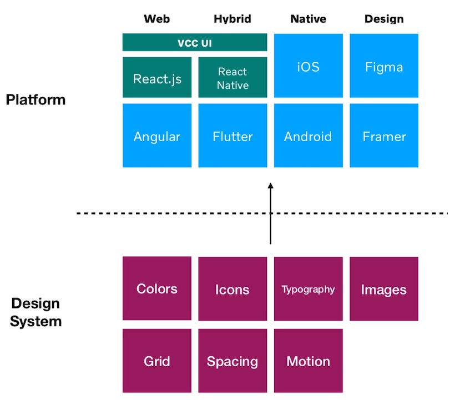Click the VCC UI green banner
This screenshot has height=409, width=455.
194,43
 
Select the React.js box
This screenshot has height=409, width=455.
157,77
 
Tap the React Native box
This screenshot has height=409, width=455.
232,77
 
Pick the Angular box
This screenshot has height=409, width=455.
157,136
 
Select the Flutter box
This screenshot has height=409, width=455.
232,136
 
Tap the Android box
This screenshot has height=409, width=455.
308,136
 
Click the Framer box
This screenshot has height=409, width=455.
384,136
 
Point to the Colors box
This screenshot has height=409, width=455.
157,288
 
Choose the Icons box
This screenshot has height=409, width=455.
232,288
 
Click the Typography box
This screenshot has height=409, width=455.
308,288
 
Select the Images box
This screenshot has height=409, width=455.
384,288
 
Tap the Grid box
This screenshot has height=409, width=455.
157,361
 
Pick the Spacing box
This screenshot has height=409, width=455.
232,361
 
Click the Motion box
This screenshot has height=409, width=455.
308,361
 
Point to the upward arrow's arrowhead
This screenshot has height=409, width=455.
270,187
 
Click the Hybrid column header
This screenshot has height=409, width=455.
232,19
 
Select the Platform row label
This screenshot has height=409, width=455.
36,100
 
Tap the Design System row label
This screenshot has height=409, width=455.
36,312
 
